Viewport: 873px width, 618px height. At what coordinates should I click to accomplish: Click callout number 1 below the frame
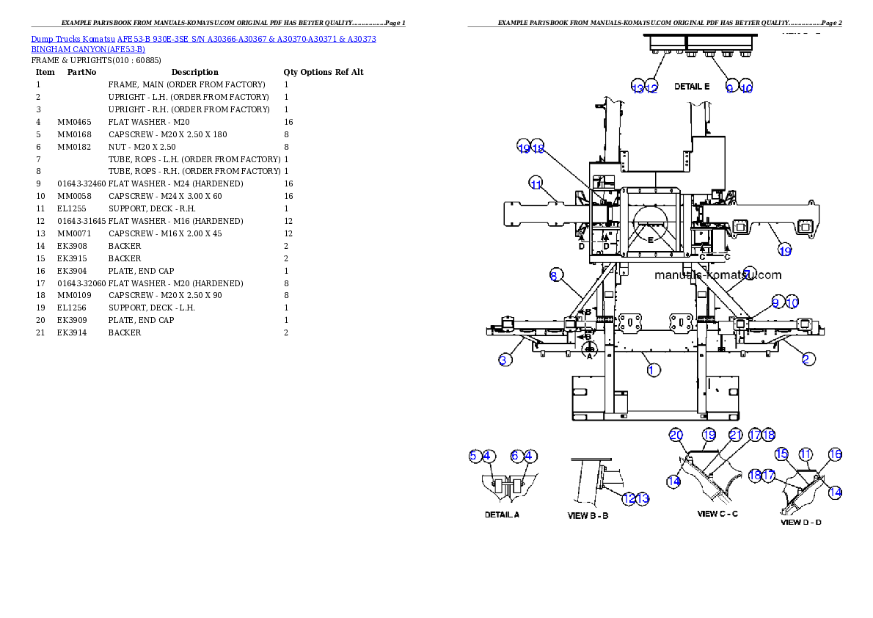(654, 370)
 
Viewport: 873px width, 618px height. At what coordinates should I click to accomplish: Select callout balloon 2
(808, 359)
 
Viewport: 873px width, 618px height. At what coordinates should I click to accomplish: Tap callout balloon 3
(505, 360)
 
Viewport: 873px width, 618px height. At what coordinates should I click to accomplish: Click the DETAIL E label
(692, 87)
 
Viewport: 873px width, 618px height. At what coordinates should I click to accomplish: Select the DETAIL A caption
(502, 515)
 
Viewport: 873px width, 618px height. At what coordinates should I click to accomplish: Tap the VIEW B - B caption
(588, 516)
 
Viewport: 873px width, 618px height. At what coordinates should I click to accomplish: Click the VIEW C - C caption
(717, 514)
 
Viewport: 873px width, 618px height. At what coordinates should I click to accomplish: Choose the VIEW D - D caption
(800, 523)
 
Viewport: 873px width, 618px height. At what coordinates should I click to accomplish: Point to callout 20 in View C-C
(676, 435)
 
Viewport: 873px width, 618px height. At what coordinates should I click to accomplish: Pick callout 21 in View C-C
(736, 435)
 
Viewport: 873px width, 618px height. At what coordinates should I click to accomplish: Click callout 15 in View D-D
(782, 455)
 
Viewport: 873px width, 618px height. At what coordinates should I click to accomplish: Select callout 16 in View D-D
(835, 455)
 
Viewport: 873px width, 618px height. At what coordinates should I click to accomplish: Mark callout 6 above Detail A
(516, 456)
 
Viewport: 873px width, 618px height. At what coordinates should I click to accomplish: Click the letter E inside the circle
(650, 239)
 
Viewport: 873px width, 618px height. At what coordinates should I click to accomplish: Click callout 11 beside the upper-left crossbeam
(536, 183)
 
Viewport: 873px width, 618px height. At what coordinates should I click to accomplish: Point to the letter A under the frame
(588, 356)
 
